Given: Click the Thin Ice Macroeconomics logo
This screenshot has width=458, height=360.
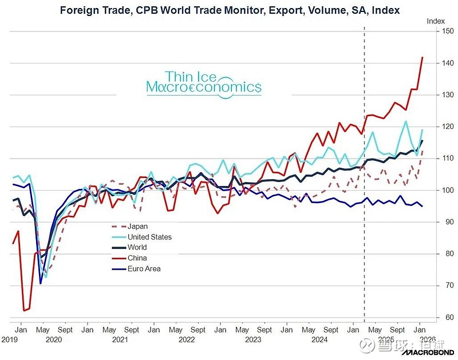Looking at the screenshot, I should pyautogui.click(x=204, y=82).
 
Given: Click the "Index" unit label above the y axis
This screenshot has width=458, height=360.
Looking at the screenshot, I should pyautogui.click(x=436, y=21).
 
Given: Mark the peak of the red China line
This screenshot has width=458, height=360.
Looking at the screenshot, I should pyautogui.click(x=423, y=57).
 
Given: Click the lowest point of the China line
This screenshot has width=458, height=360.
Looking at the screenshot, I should pyautogui.click(x=24, y=311).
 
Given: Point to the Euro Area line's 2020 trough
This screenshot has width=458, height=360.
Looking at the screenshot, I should pyautogui.click(x=41, y=283).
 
